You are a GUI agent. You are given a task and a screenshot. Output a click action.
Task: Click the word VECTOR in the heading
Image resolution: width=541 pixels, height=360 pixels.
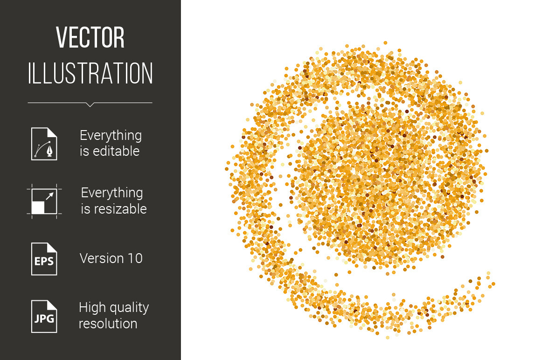click(x=90, y=37)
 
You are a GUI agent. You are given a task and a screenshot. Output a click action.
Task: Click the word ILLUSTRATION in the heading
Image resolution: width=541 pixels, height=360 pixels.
click(x=90, y=73)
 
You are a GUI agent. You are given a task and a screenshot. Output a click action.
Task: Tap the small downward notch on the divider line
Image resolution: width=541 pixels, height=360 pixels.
click(x=90, y=104)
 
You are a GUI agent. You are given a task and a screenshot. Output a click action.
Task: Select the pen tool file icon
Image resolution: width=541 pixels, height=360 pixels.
click(x=44, y=144)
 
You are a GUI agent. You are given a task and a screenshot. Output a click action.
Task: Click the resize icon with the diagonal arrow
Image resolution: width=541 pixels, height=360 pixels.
click(x=44, y=201)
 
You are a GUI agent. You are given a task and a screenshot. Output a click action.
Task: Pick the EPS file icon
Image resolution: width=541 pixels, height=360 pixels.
click(x=44, y=259)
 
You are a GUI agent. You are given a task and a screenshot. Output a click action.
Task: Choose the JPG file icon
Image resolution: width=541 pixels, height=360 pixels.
click(x=44, y=317)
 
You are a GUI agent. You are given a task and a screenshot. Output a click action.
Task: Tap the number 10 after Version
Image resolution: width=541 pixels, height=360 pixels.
click(x=135, y=258)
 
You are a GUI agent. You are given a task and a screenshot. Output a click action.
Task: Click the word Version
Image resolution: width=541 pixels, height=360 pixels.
click(x=102, y=258)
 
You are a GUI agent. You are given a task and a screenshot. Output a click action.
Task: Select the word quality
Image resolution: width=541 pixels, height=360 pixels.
click(x=127, y=308)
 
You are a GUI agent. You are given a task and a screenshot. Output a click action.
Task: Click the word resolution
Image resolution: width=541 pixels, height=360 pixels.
click(x=108, y=324)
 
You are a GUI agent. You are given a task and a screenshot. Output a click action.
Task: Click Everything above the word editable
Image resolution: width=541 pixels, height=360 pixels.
click(x=111, y=136)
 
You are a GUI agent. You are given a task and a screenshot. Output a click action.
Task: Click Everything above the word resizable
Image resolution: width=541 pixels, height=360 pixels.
click(x=112, y=193)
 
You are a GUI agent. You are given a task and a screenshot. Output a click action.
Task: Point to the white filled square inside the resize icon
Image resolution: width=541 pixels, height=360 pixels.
click(x=38, y=208)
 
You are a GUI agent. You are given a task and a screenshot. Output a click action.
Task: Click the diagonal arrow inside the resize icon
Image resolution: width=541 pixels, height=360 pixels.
click(x=50, y=196)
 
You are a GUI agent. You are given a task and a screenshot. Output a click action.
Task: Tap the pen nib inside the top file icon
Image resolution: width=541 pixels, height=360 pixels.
click(x=50, y=151)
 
